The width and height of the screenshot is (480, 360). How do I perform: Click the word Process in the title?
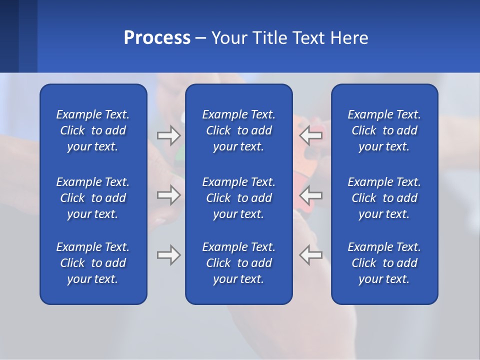(x=157, y=38)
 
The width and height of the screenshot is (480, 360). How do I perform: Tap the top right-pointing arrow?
(x=168, y=135)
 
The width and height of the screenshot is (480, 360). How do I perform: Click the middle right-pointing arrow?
(x=168, y=194)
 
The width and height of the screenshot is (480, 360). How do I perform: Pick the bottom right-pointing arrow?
(x=168, y=255)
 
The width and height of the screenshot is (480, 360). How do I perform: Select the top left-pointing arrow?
(x=311, y=135)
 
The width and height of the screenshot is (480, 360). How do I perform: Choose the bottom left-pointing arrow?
(x=311, y=255)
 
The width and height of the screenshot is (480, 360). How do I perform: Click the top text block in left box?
(x=93, y=130)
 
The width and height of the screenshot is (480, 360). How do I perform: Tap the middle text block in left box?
(x=93, y=198)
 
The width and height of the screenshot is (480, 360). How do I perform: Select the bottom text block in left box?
(x=93, y=263)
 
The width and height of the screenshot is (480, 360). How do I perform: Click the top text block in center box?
(x=239, y=130)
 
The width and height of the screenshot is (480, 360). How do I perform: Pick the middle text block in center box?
(x=239, y=198)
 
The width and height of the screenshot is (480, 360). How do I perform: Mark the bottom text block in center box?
(x=239, y=263)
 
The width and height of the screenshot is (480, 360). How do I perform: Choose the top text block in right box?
(x=384, y=130)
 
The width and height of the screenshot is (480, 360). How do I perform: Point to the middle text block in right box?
(x=384, y=198)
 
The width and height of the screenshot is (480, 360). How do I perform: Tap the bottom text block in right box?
(x=384, y=263)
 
